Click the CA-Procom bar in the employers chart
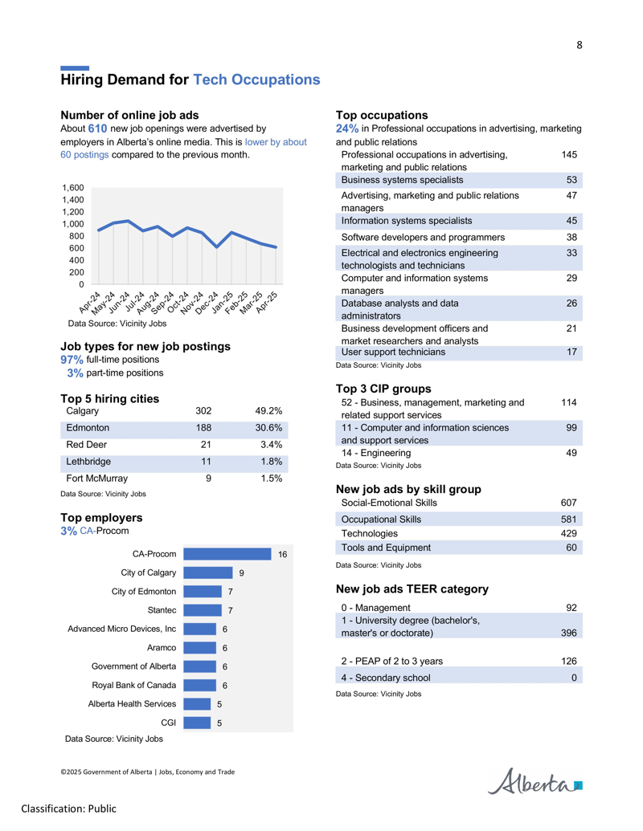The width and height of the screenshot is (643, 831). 227,554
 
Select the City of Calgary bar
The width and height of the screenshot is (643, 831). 208,573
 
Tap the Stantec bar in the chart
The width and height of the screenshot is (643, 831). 203,610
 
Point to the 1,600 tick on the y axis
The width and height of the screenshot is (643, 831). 73,188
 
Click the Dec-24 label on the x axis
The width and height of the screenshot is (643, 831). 207,303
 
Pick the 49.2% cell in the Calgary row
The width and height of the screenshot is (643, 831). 268,411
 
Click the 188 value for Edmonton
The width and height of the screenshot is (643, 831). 203,428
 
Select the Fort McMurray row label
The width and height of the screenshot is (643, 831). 97,478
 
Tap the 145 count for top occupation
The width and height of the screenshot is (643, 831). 569,155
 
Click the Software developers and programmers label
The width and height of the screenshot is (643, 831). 423,238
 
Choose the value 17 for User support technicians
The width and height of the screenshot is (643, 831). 571,352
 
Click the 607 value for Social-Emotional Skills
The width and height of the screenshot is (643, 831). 569,503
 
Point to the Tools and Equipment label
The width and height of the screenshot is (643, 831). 386,548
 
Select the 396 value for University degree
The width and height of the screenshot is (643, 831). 569,633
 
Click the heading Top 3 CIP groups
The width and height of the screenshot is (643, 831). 383,389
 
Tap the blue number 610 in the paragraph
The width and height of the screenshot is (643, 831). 97,128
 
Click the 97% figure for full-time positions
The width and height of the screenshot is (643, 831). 72,360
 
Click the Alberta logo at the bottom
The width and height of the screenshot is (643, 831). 534,781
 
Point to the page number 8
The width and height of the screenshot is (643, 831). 580,45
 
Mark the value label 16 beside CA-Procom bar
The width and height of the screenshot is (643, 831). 283,554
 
